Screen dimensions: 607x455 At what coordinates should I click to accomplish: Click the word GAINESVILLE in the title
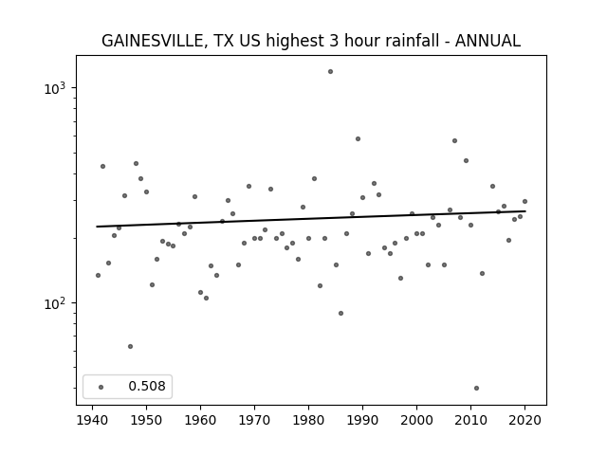[x=152, y=41]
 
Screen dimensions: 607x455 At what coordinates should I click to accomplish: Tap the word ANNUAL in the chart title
[x=487, y=41]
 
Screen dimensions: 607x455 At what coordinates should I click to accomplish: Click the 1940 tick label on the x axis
[x=93, y=420]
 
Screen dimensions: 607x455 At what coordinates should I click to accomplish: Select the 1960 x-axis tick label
[x=200, y=420]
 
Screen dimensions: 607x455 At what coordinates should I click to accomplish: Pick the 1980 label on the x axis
[x=308, y=420]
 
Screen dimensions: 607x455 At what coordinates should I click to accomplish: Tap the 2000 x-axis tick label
[x=417, y=420]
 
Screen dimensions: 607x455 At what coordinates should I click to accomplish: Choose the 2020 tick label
[x=524, y=420]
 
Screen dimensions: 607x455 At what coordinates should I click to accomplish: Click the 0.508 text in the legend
[x=147, y=386]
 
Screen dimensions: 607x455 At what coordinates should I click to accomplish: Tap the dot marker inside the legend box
[x=101, y=387]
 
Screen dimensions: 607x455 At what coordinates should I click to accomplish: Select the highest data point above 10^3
[x=330, y=72]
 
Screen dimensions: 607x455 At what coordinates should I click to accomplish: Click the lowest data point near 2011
[x=476, y=388]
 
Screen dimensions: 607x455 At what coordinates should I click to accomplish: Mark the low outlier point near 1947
[x=131, y=346]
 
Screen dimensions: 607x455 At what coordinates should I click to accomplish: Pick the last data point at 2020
[x=524, y=201]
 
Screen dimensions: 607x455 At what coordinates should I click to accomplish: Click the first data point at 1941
[x=98, y=275]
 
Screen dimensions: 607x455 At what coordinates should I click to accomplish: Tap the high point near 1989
[x=358, y=138]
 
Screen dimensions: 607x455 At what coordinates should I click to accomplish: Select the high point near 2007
[x=455, y=140]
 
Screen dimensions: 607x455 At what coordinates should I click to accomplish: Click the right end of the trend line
[x=525, y=210]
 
